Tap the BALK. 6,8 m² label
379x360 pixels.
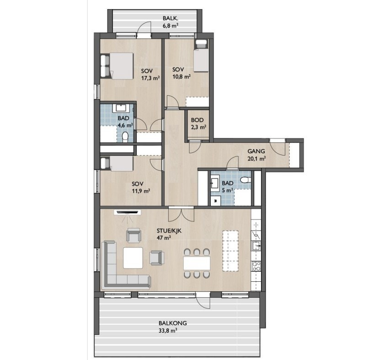click(171, 22)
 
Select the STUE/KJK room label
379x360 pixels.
click(169, 231)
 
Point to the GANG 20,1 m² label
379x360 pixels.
click(256, 155)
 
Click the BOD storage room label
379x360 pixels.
click(197, 120)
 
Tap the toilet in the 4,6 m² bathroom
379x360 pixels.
click(125, 137)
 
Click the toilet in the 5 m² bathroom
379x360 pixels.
click(246, 180)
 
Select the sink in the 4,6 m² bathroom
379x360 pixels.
click(120, 108)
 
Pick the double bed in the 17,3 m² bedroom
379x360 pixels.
click(117, 66)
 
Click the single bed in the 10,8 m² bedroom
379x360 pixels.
click(202, 56)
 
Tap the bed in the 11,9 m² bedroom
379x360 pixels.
click(117, 163)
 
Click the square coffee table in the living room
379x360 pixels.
click(133, 258)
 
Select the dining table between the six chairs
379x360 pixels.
click(197, 263)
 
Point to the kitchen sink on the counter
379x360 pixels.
click(256, 245)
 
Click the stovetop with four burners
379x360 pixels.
click(256, 266)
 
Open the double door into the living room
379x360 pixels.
click(181, 214)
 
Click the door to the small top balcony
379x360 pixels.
click(144, 29)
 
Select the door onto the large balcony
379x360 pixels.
click(203, 300)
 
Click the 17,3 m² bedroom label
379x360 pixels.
click(150, 75)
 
